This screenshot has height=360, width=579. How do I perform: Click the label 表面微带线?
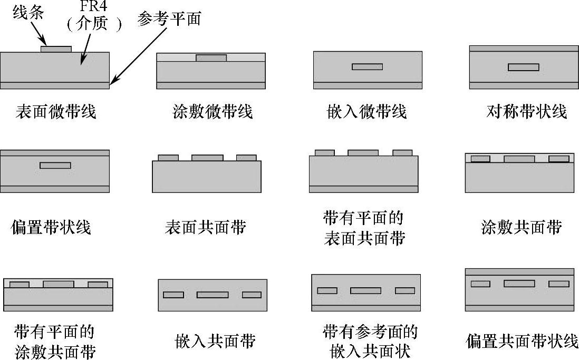tap(56, 112)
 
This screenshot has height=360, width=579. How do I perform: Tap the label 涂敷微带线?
tap(212, 112)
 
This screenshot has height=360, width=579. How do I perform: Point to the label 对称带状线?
tap(526, 112)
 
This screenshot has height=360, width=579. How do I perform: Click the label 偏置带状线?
tap(51, 227)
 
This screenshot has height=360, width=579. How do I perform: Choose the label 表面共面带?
tap(205, 227)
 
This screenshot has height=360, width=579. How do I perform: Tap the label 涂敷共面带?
tap(521, 227)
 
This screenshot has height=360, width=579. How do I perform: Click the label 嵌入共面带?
tap(215, 341)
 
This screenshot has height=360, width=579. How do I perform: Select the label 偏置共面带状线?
tap(522, 341)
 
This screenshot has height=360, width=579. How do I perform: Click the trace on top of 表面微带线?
tap(56, 49)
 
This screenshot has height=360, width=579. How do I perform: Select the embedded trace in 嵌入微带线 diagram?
tap(368, 67)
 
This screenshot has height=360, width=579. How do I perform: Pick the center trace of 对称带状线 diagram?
tap(523, 67)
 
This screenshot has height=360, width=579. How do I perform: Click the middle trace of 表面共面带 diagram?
tap(207, 158)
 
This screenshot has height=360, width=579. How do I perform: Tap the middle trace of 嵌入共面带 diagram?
tap(213, 295)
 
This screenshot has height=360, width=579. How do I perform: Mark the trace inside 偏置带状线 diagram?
tap(55, 166)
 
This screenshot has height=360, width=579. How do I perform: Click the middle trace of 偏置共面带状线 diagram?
tap(519, 284)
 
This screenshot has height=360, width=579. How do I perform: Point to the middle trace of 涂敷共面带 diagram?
tap(519, 159)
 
